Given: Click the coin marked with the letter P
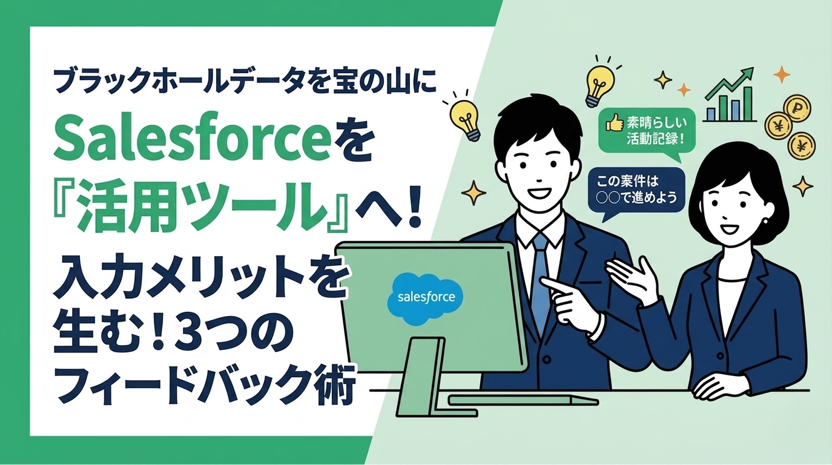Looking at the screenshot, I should pos(797,109).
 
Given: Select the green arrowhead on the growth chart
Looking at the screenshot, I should pos(748,76).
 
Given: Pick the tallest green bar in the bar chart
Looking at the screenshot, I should pos(748,104).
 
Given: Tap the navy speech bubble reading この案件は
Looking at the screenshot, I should pos(635,190).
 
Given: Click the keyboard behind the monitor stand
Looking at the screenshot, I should pos(521,400).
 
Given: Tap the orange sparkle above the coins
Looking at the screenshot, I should pos(782,74).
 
